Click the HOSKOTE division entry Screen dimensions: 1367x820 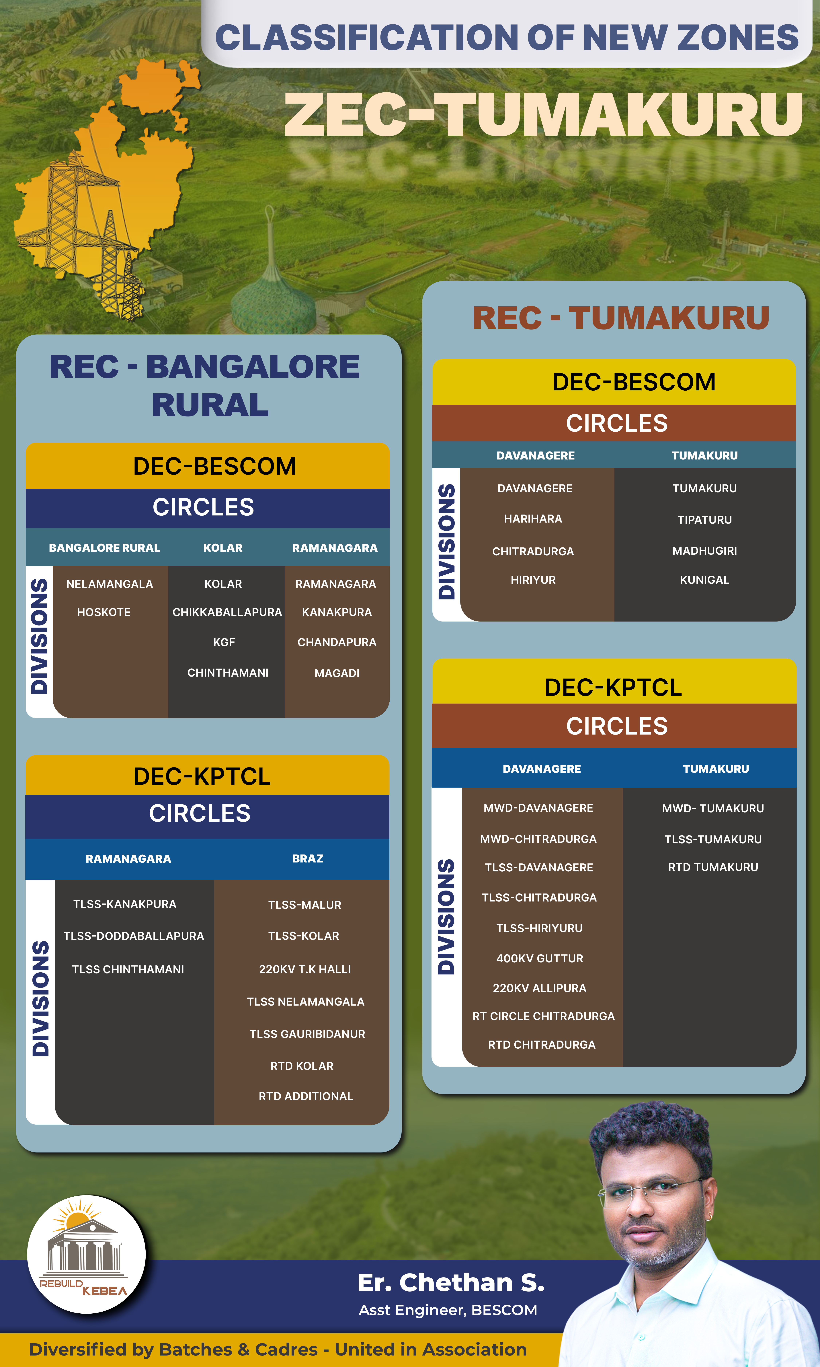coord(104,612)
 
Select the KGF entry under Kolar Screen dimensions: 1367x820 coord(224,642)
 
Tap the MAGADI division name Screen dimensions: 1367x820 coord(337,673)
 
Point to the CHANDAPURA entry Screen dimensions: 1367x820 coord(337,642)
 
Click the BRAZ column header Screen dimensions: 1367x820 coord(308,859)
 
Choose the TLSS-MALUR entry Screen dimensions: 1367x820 coord(304,905)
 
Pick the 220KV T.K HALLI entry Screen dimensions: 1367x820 coord(304,969)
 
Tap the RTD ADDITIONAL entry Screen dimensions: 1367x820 coord(306,1096)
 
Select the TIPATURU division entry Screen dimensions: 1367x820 coord(704,519)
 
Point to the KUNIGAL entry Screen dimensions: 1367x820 coord(704,580)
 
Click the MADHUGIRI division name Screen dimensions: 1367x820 coord(704,550)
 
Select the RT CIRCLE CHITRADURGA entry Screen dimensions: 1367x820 coord(543,1016)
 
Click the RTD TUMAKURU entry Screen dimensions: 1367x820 coord(713,867)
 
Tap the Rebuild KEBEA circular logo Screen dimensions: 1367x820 coord(86,1254)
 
